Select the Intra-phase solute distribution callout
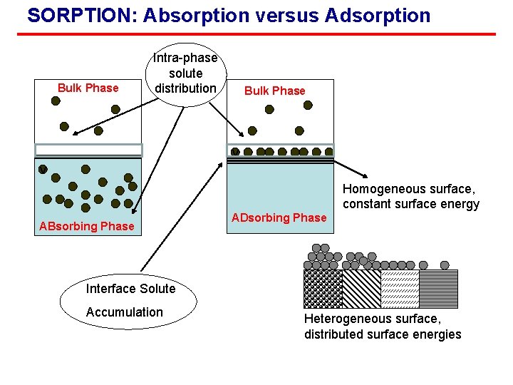(x=185, y=73)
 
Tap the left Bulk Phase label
(x=88, y=88)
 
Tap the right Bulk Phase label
(x=274, y=91)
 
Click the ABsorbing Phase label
(x=86, y=226)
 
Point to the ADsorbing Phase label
(x=279, y=217)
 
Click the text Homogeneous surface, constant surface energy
(x=410, y=197)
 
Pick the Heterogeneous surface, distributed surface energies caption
(x=383, y=327)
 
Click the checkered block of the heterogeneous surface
(x=323, y=289)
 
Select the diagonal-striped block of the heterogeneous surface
(x=361, y=289)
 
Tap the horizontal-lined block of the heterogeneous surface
(x=438, y=289)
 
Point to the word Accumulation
(x=124, y=312)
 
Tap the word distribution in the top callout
(x=185, y=88)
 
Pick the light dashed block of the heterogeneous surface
(x=400, y=289)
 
